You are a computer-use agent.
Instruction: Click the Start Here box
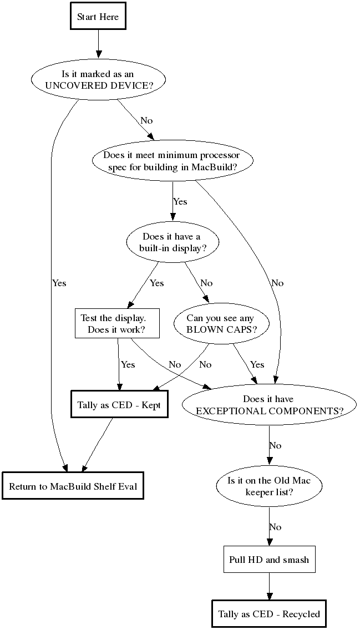pos(98,17)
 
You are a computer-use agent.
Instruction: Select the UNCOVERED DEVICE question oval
pos(98,80)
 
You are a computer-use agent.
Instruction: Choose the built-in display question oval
pos(173,242)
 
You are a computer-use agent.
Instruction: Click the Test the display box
pos(117,323)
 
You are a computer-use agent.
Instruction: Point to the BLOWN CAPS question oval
pos(221,323)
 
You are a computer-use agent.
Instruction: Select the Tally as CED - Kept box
pos(119,405)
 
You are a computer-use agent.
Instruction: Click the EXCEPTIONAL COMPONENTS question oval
pos(268,405)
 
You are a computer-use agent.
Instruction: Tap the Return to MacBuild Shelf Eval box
pos(73,486)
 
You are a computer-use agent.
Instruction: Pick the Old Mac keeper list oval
pos(268,486)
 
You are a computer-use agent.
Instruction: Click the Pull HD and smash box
pos(269,560)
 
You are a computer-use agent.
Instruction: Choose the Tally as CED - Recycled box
pos(269,614)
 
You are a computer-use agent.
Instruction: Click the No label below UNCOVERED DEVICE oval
pos(146,120)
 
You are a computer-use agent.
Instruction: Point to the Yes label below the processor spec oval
pos(180,201)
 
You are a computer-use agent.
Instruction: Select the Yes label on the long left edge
pos(59,283)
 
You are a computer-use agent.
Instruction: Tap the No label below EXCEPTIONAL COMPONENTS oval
pos(275,445)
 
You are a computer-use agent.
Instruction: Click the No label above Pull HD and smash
pos(275,527)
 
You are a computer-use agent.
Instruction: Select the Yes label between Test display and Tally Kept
pos(128,364)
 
